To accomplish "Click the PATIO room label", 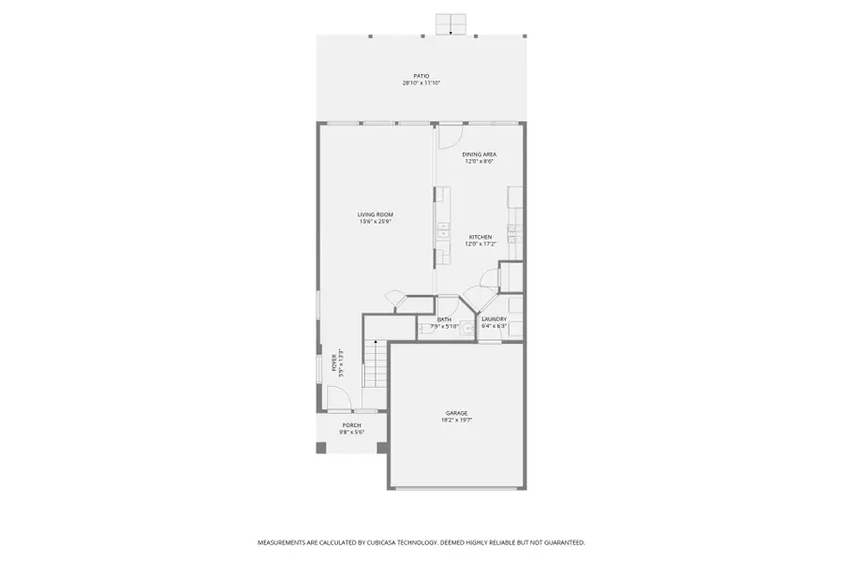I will [x=421, y=76].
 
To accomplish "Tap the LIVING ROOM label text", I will [x=375, y=214].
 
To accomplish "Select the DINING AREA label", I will [x=480, y=154].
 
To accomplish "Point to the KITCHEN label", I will [x=480, y=237].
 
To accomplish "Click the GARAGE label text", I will [x=457, y=412].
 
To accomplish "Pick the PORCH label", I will [x=351, y=425].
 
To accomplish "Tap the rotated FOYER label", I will [x=334, y=362].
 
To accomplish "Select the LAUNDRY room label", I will [x=494, y=319].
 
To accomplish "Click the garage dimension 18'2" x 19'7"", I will [x=457, y=420].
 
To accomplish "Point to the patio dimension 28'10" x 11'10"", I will [x=421, y=83].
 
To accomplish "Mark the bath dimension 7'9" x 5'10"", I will [x=444, y=327].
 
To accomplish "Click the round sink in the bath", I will [x=464, y=327].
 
